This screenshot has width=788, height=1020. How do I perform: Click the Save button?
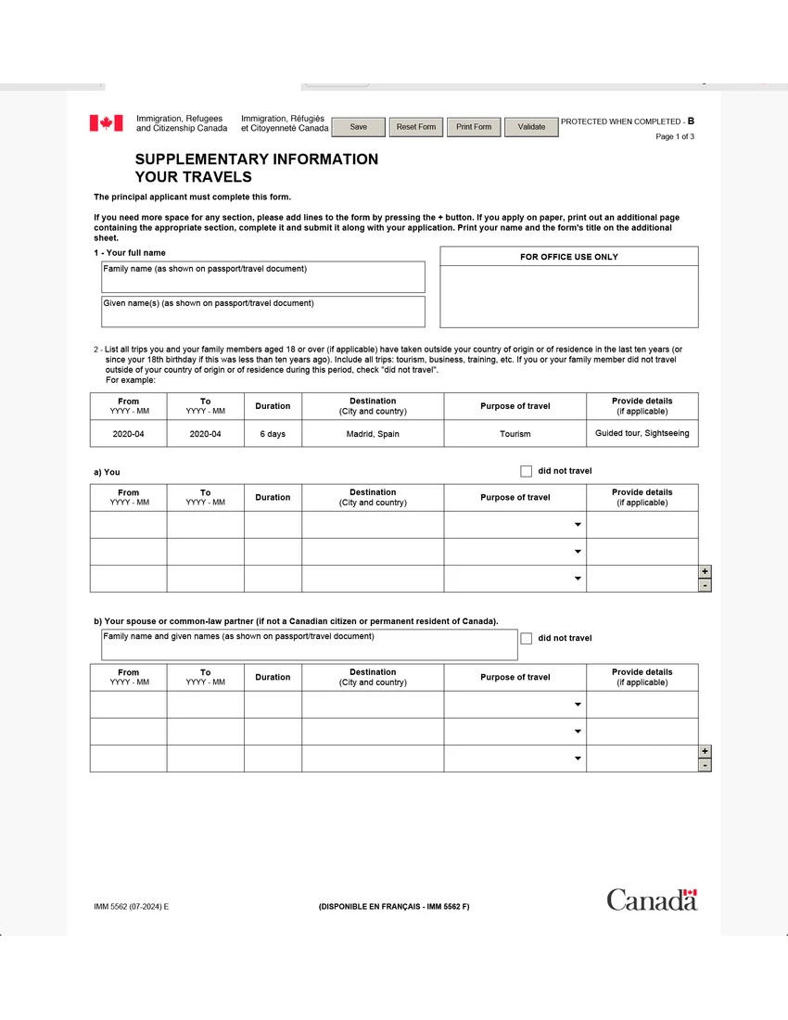(358, 127)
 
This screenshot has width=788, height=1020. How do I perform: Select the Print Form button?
(474, 127)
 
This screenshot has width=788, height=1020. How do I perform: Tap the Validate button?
(531, 127)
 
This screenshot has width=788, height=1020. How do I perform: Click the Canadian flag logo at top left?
(106, 123)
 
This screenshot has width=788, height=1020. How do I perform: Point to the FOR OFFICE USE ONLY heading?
(568, 257)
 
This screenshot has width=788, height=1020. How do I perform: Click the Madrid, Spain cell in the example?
(373, 434)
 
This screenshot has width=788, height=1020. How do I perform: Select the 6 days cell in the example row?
(273, 434)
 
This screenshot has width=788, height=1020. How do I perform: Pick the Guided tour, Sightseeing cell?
(642, 433)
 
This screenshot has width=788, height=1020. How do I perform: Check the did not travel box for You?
(527, 471)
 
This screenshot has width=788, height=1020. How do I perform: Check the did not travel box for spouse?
(527, 638)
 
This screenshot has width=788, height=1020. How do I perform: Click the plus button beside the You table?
(705, 572)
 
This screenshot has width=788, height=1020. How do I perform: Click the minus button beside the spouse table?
(705, 765)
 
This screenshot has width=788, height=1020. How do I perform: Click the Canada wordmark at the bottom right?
(652, 899)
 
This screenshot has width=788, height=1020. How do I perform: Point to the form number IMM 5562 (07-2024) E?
(131, 906)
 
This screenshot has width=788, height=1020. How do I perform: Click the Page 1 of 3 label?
(675, 137)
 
